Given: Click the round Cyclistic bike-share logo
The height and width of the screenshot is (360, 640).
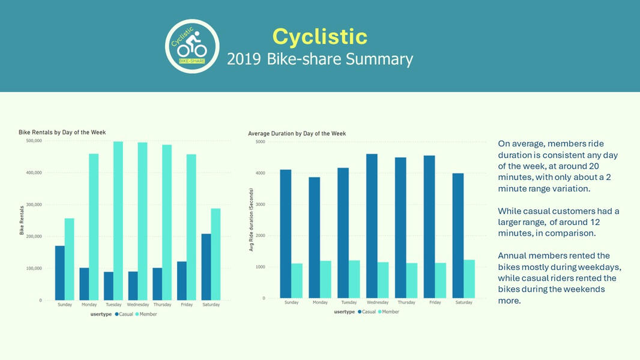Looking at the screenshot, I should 192,46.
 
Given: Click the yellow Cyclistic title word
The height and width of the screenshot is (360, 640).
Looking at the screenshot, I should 319,37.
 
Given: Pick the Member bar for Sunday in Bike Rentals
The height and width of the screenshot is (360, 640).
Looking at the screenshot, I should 69,259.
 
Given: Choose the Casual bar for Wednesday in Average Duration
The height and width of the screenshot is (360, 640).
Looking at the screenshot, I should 372,226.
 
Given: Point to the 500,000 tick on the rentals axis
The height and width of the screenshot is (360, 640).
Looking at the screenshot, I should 33,141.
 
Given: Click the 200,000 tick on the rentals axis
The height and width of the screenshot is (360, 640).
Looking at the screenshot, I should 33,236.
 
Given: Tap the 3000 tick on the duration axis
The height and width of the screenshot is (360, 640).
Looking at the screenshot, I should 260,205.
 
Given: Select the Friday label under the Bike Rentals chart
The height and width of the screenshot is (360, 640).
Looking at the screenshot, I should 186,305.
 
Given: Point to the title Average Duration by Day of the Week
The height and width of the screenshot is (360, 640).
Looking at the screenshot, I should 297,133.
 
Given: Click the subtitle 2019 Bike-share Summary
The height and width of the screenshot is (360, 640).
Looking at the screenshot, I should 319,59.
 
